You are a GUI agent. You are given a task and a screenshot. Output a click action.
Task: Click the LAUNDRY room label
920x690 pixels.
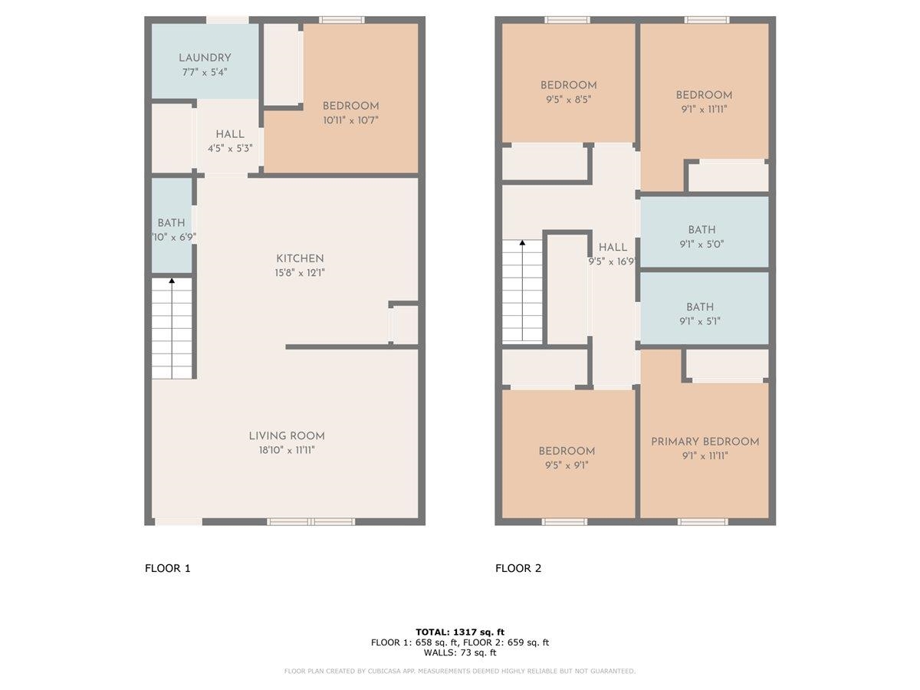(205, 58)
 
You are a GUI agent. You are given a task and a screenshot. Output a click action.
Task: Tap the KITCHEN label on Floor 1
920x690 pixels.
(300, 258)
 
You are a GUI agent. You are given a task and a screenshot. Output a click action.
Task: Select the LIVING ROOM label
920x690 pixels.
(287, 436)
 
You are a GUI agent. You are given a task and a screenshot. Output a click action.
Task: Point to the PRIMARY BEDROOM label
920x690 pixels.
(705, 442)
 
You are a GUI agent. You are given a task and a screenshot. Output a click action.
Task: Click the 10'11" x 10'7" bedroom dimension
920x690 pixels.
(350, 120)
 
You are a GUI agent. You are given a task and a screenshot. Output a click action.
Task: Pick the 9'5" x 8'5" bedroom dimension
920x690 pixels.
(568, 100)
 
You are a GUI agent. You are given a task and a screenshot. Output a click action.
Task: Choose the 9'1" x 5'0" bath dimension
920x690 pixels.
(701, 245)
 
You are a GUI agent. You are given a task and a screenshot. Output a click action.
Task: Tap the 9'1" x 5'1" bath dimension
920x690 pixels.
(700, 321)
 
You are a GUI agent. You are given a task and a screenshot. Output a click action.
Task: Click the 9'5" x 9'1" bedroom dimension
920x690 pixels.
(567, 465)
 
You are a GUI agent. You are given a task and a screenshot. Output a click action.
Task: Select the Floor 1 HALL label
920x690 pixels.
(230, 134)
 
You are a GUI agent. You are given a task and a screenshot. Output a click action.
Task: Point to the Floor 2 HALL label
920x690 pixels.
(613, 248)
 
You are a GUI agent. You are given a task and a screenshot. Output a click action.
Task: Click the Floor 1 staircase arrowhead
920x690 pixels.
(172, 281)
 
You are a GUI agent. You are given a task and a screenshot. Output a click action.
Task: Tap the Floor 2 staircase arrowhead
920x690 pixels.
(522, 242)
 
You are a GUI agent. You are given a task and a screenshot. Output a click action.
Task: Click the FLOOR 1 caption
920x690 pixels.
(168, 569)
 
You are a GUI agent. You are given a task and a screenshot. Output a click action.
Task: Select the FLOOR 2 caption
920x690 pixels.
(518, 569)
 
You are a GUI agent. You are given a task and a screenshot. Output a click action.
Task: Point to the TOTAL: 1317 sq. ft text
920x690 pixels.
(460, 632)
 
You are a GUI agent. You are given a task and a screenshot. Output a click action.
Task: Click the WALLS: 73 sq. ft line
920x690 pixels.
(460, 652)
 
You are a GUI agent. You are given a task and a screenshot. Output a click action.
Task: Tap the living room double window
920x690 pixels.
(311, 521)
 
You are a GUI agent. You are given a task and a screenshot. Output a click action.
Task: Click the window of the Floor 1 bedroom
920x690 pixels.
(342, 20)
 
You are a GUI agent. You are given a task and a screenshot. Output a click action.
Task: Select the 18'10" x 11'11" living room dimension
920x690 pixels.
(287, 450)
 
